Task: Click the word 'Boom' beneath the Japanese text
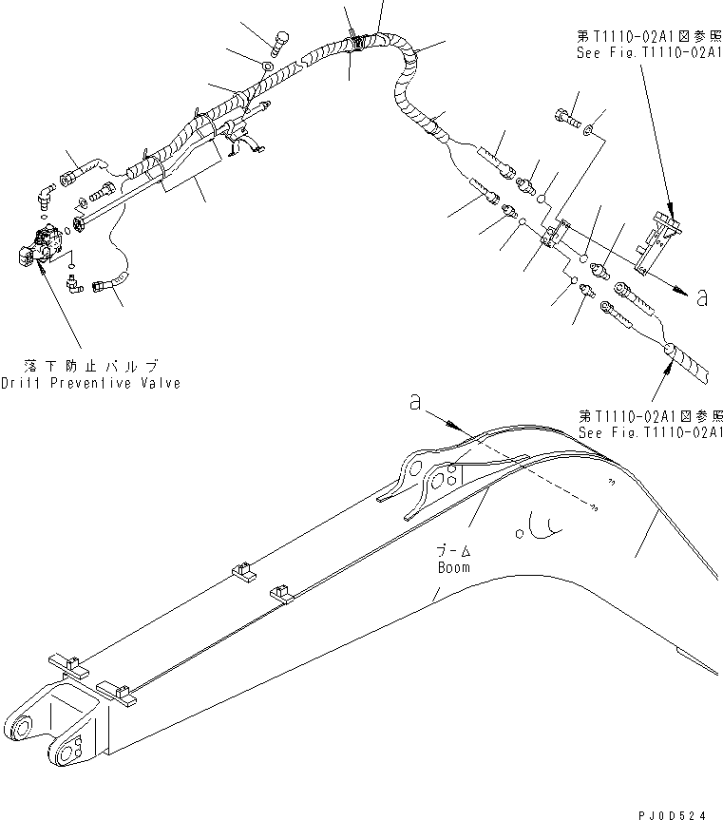pyautogui.click(x=454, y=567)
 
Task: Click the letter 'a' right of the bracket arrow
pyautogui.click(x=702, y=297)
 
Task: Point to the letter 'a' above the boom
pyautogui.click(x=415, y=404)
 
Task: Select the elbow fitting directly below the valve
pyautogui.click(x=73, y=282)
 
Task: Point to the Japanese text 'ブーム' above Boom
pyautogui.click(x=454, y=551)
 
